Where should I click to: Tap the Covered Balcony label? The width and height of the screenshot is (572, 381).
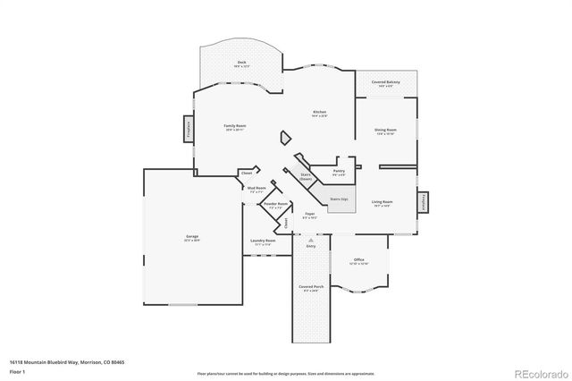coord(387,84)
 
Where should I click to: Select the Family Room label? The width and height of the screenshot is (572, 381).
coord(234,127)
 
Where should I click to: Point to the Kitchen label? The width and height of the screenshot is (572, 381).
coord(319,114)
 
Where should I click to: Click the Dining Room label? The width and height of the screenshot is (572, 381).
coord(385,131)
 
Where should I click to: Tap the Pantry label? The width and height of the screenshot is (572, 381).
coord(339,172)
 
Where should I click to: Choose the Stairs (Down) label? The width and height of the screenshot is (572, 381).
coord(306,177)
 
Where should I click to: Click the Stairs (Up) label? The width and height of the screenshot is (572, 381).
coord(340,199)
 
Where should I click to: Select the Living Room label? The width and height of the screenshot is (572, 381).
coord(382,203)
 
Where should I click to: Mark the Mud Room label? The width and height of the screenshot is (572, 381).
coord(256,189)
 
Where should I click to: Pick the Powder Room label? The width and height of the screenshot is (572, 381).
coord(275,206)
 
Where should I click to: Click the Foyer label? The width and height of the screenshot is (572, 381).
coord(309,216)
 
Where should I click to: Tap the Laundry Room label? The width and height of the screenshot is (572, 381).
coord(263,241)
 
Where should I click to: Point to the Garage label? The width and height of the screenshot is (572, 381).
coord(191,238)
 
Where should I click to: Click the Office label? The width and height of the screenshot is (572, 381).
coord(357,260)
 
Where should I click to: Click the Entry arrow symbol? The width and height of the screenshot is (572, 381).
coord(311,239)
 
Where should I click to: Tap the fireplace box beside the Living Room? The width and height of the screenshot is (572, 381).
coord(424,202)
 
